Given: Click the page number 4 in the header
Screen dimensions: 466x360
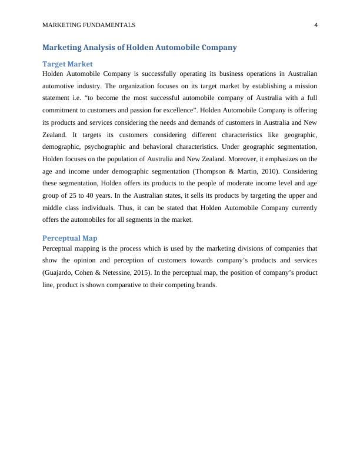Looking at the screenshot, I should click(316, 25).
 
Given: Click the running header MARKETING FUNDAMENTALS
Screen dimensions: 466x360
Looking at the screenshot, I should click(89, 25).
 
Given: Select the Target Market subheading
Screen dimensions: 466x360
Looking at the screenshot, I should click(68, 64).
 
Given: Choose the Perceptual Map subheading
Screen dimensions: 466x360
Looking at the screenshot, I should click(70, 238).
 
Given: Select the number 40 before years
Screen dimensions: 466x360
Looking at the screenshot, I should click(94, 195).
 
